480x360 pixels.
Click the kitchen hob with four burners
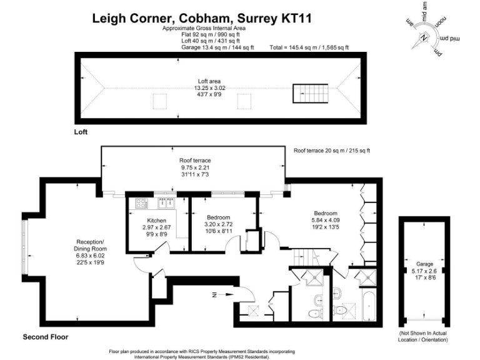tap(141, 202)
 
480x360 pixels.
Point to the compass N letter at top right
tap(424, 39)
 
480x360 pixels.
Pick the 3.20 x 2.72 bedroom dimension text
tap(218, 224)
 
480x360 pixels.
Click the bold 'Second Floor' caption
tap(46, 337)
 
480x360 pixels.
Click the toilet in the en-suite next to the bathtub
tap(341, 310)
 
